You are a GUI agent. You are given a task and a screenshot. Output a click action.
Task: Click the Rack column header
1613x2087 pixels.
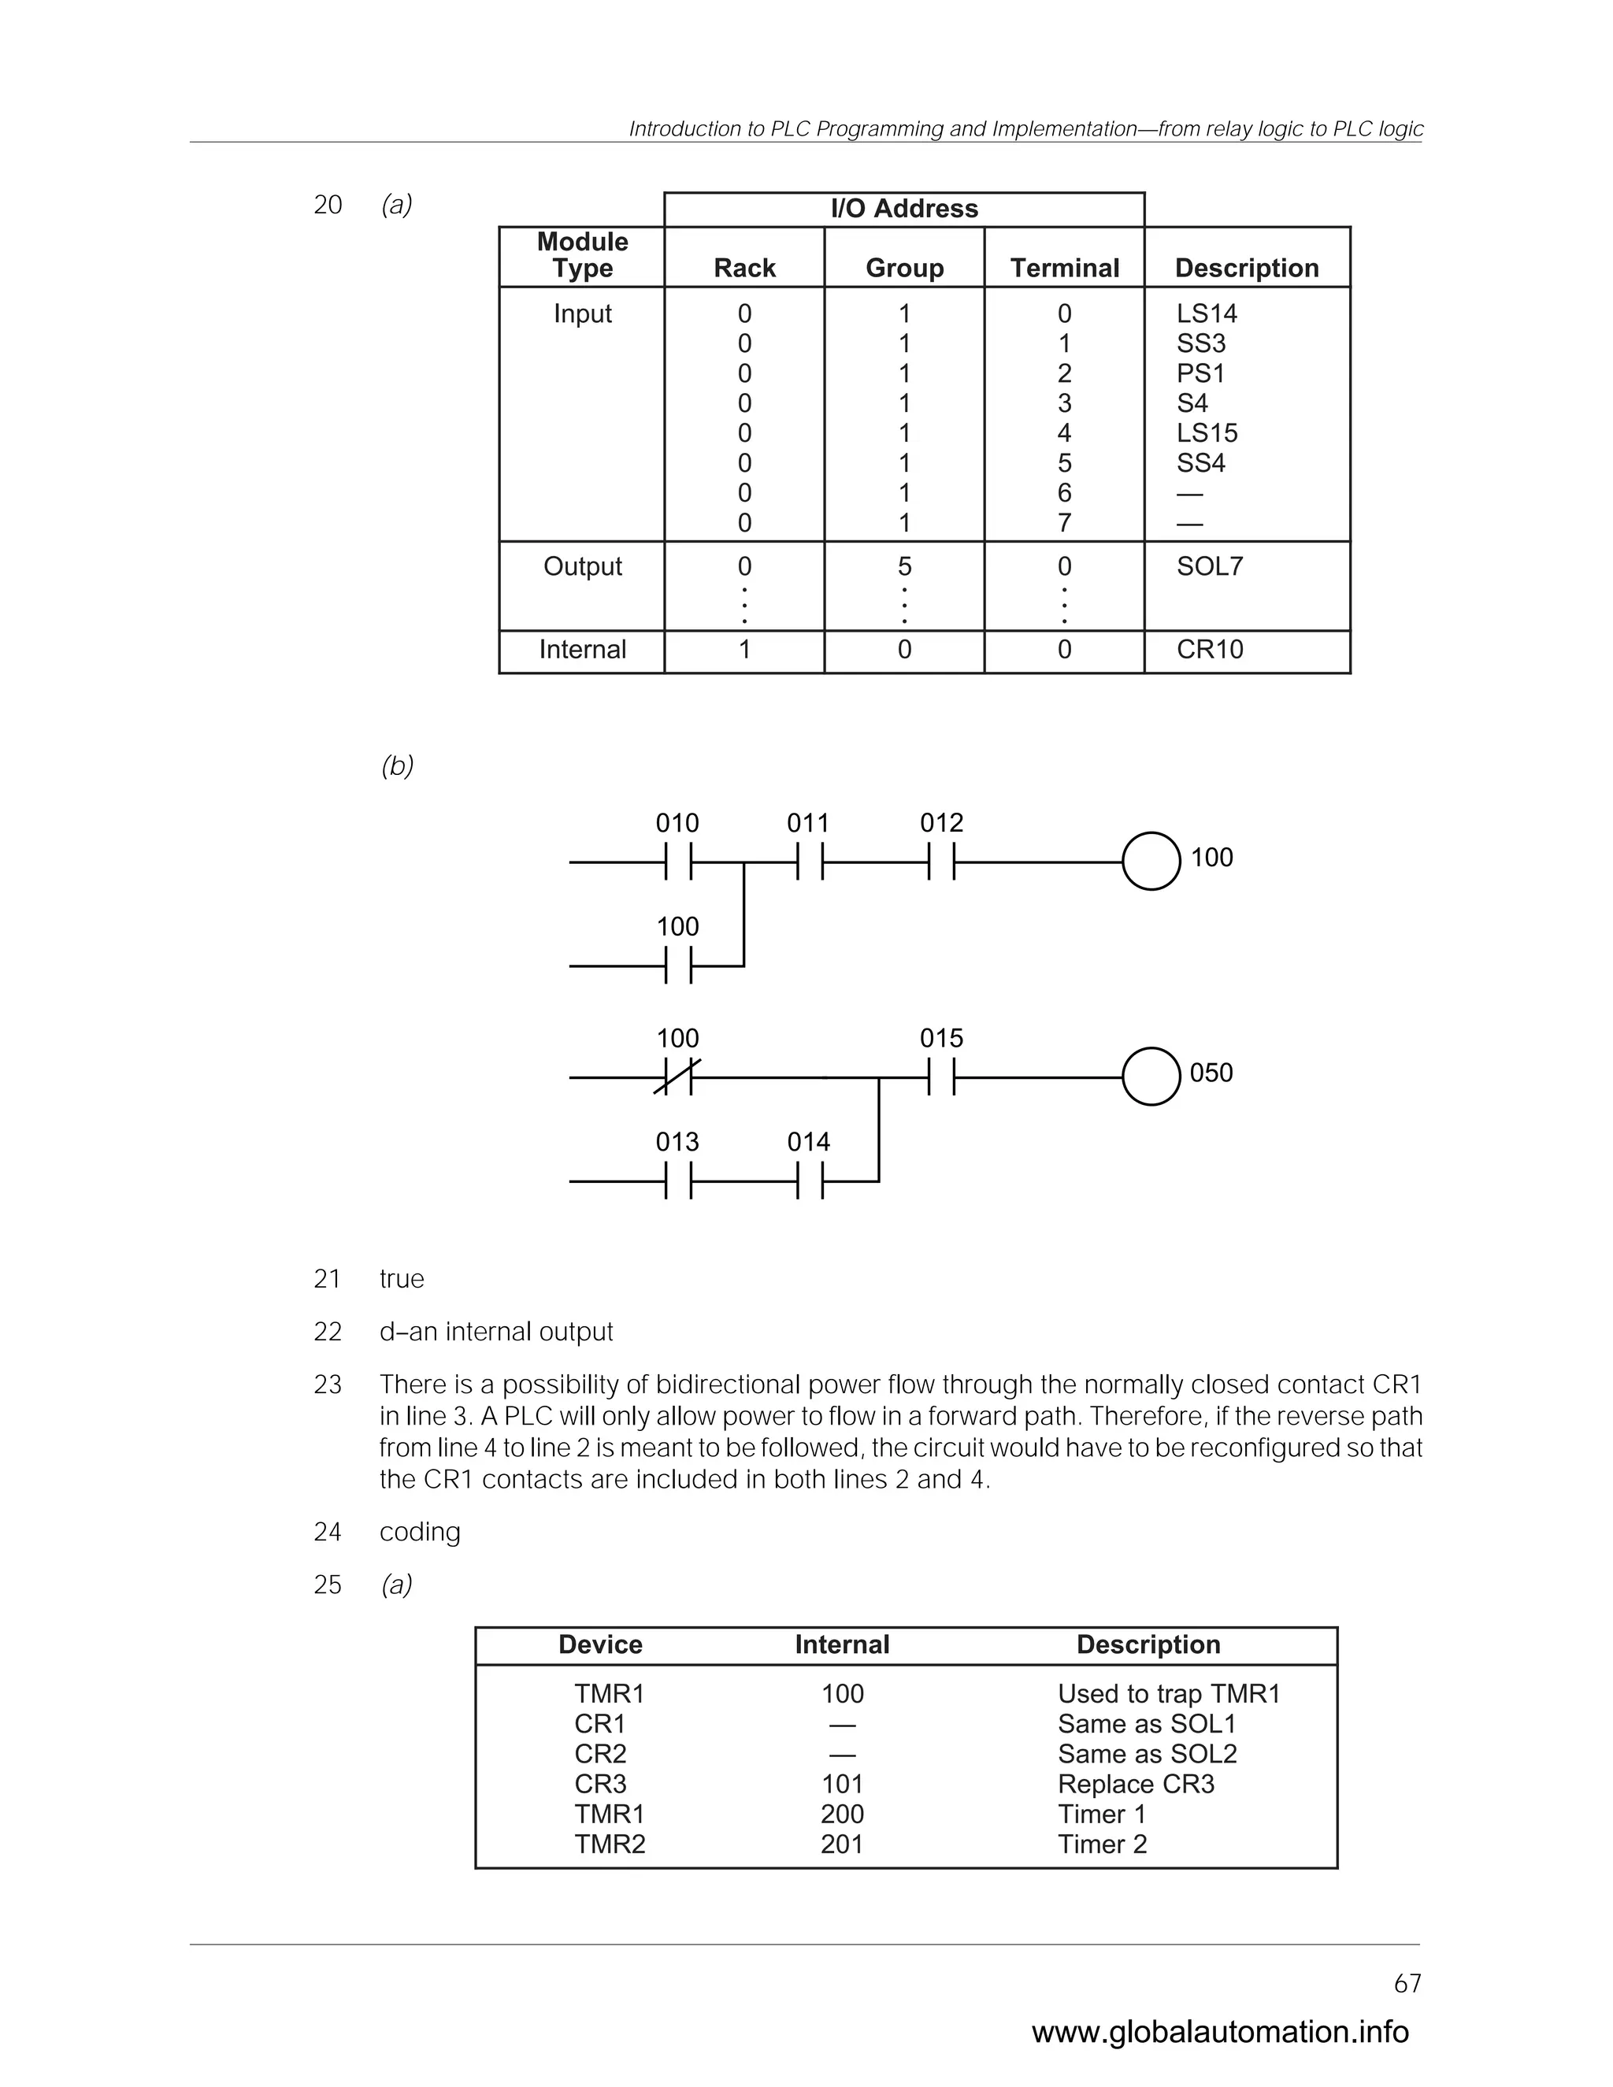[744, 268]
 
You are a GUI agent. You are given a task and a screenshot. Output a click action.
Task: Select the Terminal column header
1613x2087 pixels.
[1065, 268]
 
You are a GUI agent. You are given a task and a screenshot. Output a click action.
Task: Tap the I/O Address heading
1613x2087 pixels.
[904, 209]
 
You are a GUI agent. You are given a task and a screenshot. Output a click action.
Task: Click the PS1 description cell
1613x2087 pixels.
[1200, 373]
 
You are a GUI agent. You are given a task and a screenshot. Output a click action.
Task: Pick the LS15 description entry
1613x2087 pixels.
[1207, 433]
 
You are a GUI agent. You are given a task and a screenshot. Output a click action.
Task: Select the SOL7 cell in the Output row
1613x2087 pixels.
[1210, 567]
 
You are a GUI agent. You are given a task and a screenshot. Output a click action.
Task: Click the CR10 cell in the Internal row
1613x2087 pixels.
[1210, 650]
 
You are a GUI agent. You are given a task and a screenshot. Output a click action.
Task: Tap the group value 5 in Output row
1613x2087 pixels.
[904, 567]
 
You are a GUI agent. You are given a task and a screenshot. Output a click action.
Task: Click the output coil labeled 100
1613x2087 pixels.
[1151, 862]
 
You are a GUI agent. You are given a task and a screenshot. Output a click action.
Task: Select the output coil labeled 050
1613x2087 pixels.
[1151, 1077]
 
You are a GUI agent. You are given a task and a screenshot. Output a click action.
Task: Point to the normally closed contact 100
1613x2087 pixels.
[677, 1077]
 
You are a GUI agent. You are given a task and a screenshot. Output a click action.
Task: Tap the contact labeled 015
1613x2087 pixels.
[941, 1077]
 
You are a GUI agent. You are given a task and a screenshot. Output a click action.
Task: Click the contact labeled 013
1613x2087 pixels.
[677, 1181]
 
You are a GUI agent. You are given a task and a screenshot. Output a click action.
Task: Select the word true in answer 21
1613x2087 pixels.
[402, 1278]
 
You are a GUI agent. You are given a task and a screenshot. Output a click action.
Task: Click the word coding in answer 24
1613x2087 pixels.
[420, 1532]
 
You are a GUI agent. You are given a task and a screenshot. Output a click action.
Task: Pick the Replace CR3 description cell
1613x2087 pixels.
[1135, 1784]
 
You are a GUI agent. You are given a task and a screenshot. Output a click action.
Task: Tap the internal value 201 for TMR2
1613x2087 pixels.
[842, 1844]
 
